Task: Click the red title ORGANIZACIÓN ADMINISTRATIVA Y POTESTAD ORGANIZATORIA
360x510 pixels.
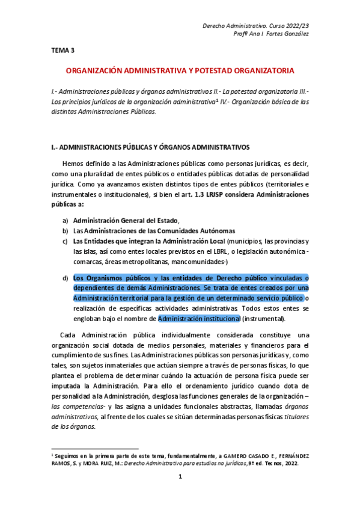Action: tap(180, 70)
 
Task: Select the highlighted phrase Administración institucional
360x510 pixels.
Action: tap(194, 319)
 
